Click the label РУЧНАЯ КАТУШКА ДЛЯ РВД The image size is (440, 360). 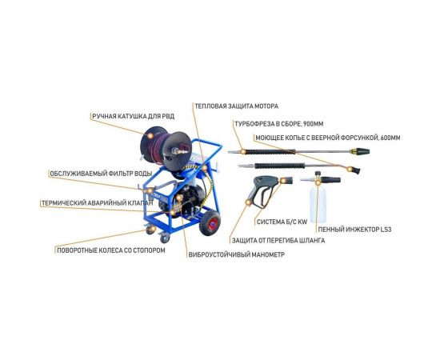(134, 116)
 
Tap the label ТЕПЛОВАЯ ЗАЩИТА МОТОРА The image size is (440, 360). (237, 106)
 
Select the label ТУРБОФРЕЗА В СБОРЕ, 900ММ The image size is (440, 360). (279, 124)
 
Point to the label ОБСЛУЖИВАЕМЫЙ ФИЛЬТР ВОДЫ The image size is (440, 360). (101, 174)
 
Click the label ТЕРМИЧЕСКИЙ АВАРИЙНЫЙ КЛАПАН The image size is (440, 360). (98, 203)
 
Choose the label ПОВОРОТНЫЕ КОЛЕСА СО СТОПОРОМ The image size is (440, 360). (111, 250)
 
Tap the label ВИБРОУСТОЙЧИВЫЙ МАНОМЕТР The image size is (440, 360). (237, 254)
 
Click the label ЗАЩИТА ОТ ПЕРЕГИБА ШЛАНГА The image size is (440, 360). (278, 241)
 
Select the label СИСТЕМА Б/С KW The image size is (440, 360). (282, 222)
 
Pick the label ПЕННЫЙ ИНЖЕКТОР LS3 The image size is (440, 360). (354, 230)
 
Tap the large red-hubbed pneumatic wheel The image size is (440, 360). (210, 223)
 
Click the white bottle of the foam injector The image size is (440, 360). (318, 204)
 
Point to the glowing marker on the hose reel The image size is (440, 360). (150, 136)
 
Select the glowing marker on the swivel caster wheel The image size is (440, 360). (150, 230)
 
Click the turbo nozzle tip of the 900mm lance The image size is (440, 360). (360, 152)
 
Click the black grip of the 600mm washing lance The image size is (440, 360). (279, 166)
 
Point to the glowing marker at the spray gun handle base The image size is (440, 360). (248, 202)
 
